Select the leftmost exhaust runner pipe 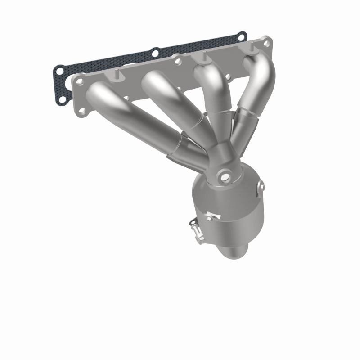click(130, 112)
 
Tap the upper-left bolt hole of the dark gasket click(59, 70)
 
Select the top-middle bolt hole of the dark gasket click(155, 53)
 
